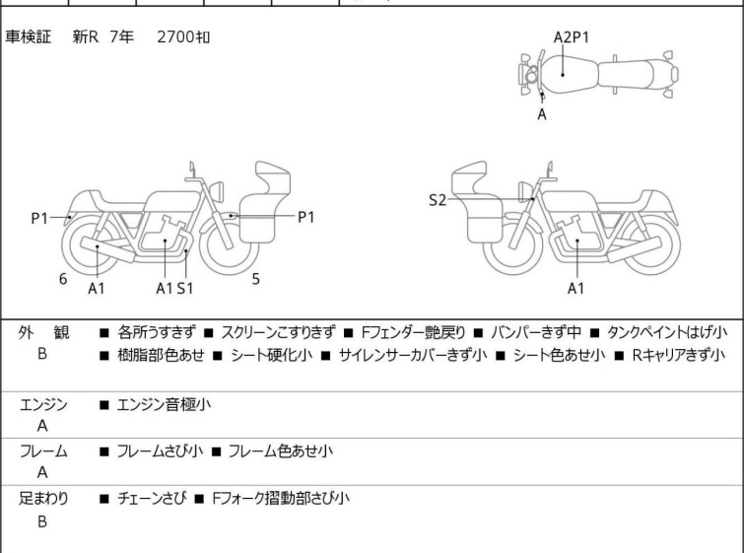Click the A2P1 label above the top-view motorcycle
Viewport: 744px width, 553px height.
[x=572, y=37]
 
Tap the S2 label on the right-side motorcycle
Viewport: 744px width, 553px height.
[x=437, y=200]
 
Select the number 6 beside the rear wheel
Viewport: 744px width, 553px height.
[x=63, y=279]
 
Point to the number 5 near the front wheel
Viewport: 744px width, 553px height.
[x=256, y=279]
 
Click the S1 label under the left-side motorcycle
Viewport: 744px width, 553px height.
[x=185, y=288]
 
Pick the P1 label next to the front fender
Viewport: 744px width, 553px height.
[x=306, y=218]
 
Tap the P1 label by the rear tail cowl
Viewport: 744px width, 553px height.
[x=39, y=219]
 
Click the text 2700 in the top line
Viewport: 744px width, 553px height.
[x=175, y=36]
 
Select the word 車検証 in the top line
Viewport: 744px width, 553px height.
[x=28, y=36]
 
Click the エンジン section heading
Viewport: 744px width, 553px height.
[x=43, y=405]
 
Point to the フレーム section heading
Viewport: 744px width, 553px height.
[x=43, y=450]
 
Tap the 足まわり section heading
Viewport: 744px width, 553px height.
[x=43, y=499]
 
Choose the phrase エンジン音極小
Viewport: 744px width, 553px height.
[x=164, y=404]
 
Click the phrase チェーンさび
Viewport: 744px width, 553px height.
[x=152, y=499]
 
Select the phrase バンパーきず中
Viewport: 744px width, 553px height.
[x=536, y=332]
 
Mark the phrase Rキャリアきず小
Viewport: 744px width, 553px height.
[x=679, y=355]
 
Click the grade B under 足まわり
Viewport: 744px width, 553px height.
[x=42, y=521]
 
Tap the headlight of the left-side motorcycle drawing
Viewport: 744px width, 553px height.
[x=217, y=191]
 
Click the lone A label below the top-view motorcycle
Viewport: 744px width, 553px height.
[x=542, y=114]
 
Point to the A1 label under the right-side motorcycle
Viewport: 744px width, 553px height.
[x=575, y=288]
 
